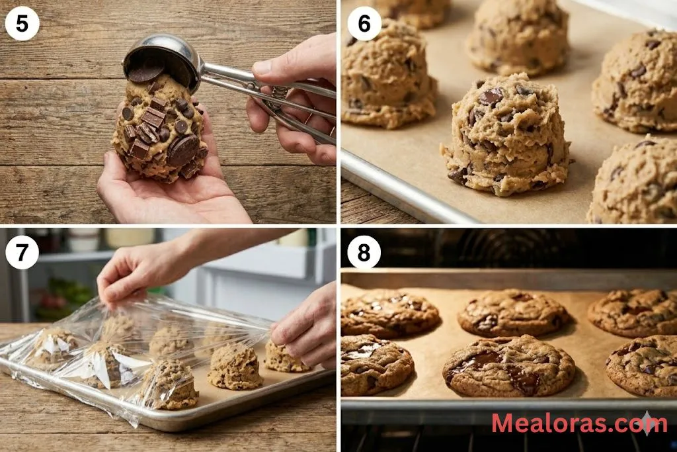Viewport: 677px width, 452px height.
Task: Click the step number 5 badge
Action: coord(22,23)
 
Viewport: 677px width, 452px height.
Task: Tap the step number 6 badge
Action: coord(364,23)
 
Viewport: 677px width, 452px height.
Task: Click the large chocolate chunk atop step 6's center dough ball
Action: coord(491,97)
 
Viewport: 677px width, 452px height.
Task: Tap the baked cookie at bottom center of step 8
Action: coord(509,366)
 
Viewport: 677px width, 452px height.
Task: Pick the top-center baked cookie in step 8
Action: coord(513,313)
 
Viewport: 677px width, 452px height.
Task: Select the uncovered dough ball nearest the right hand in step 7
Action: coord(286,357)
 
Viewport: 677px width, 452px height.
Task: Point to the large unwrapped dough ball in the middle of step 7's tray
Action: coord(235,366)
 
